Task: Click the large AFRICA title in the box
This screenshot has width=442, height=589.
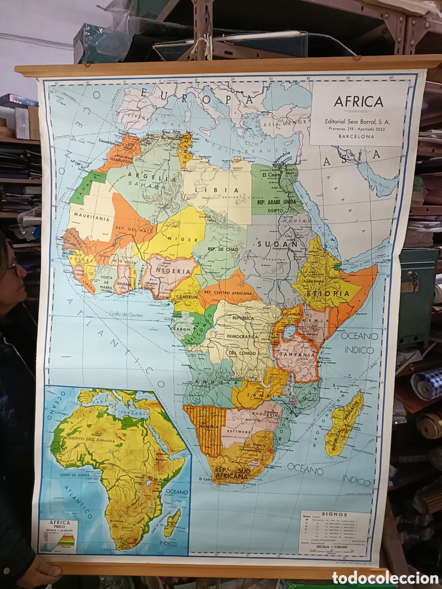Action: (x=358, y=102)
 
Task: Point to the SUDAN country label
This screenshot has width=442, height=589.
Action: (x=277, y=244)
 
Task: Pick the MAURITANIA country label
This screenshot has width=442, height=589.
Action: (x=92, y=219)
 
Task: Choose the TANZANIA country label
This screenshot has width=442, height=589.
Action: (x=298, y=355)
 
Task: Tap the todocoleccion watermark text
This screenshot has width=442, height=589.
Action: (x=385, y=578)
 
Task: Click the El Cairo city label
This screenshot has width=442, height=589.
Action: (x=270, y=175)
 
